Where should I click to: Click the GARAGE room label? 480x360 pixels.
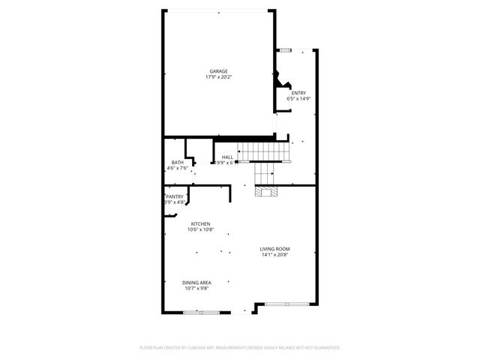(218, 71)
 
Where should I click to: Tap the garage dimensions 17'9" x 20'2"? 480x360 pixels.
(218, 77)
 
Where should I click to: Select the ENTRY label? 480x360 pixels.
(298, 93)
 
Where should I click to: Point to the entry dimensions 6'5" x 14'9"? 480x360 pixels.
(298, 99)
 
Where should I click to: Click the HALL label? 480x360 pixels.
(227, 157)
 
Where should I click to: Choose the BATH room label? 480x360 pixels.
(177, 163)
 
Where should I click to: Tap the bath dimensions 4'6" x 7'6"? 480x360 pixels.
(177, 169)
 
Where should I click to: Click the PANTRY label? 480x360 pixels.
(175, 196)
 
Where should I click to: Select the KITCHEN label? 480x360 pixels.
(200, 224)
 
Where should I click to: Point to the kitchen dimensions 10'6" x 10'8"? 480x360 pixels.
(200, 230)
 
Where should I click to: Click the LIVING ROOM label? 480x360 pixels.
(275, 249)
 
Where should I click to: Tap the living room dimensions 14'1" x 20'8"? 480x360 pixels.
(275, 255)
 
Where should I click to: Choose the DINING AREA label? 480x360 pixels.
(196, 283)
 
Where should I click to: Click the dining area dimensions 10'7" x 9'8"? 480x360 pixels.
(196, 289)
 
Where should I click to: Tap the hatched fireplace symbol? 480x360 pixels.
(265, 192)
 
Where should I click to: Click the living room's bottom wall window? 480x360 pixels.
(287, 304)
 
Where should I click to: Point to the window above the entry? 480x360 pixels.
(286, 50)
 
